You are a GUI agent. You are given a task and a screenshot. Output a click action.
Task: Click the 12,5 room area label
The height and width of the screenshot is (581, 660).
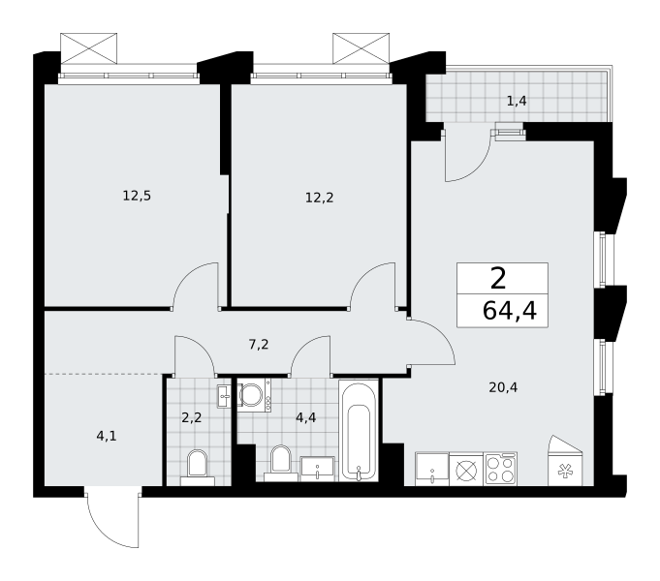(x=137, y=196)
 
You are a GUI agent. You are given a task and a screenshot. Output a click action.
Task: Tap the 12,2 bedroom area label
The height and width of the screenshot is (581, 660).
(x=320, y=198)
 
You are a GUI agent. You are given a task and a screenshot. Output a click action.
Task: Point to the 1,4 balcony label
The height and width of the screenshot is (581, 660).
(x=517, y=102)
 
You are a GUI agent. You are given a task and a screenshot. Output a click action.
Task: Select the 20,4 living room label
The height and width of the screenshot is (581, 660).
(x=503, y=387)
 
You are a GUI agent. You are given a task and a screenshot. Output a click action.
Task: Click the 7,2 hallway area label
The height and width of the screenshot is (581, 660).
(x=259, y=345)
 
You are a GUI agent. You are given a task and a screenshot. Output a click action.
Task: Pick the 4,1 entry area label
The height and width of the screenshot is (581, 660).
(x=107, y=437)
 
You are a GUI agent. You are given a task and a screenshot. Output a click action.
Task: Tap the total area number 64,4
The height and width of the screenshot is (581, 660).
(x=510, y=312)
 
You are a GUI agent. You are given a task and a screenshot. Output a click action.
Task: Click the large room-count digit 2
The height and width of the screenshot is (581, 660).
(x=498, y=279)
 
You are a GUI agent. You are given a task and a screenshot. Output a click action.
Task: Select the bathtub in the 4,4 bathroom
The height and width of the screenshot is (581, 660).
(x=359, y=430)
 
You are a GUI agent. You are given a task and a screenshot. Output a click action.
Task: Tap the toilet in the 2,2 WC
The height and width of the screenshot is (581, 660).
(x=198, y=468)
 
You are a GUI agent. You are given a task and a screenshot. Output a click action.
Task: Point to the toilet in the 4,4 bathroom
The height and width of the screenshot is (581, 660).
(x=281, y=463)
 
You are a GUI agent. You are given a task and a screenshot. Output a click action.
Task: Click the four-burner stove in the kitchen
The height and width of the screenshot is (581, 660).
(x=500, y=469)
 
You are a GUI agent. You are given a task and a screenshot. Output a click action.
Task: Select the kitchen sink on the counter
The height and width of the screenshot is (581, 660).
(x=432, y=469)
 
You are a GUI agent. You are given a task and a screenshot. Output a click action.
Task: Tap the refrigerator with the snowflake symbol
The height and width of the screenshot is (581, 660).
(x=565, y=461)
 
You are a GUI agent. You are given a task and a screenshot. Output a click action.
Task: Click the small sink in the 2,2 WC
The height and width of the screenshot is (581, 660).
(x=224, y=396)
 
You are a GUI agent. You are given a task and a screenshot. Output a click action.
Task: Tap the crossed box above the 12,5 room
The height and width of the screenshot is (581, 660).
(x=88, y=48)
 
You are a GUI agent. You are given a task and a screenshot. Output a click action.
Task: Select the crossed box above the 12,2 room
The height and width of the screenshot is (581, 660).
(x=361, y=48)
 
